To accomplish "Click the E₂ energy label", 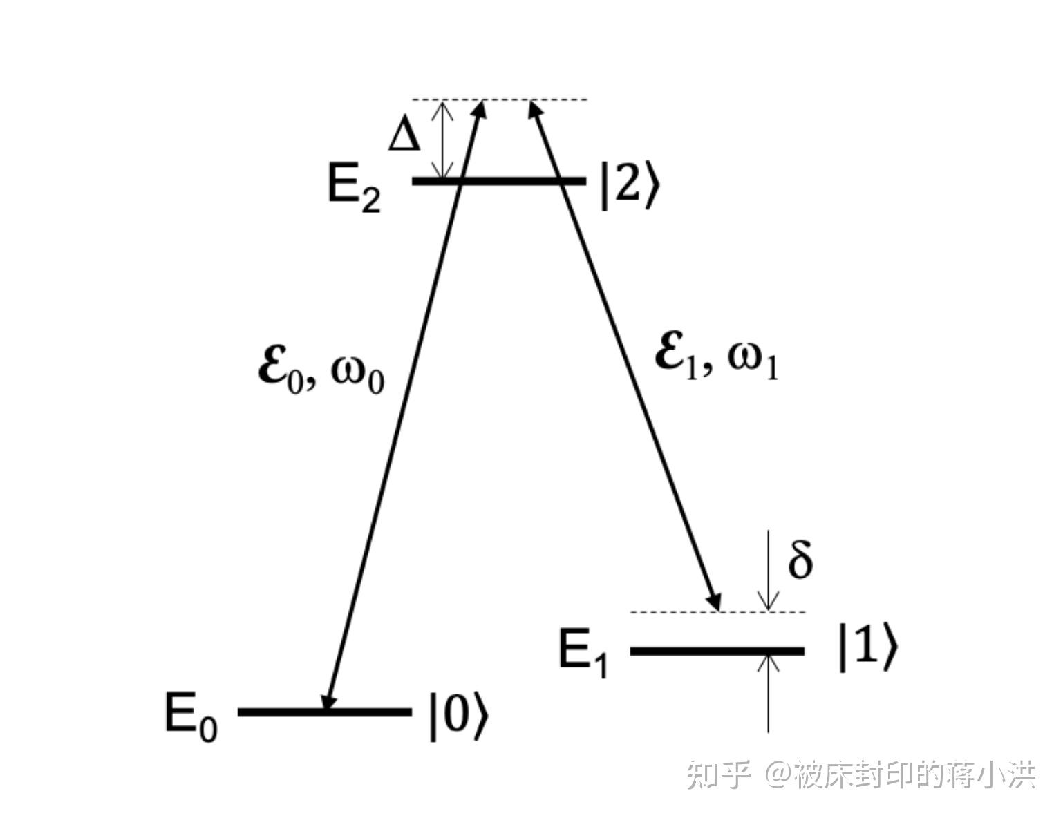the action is click(353, 189).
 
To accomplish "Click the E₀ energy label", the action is click(191, 717).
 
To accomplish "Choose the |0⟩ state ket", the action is click(458, 719).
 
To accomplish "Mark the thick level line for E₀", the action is click(325, 712).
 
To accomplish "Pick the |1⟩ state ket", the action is click(867, 647).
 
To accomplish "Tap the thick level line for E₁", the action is click(717, 651).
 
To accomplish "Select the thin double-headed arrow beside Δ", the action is click(442, 140).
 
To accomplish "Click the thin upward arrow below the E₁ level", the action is click(768, 691).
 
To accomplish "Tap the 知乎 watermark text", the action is click(719, 774).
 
